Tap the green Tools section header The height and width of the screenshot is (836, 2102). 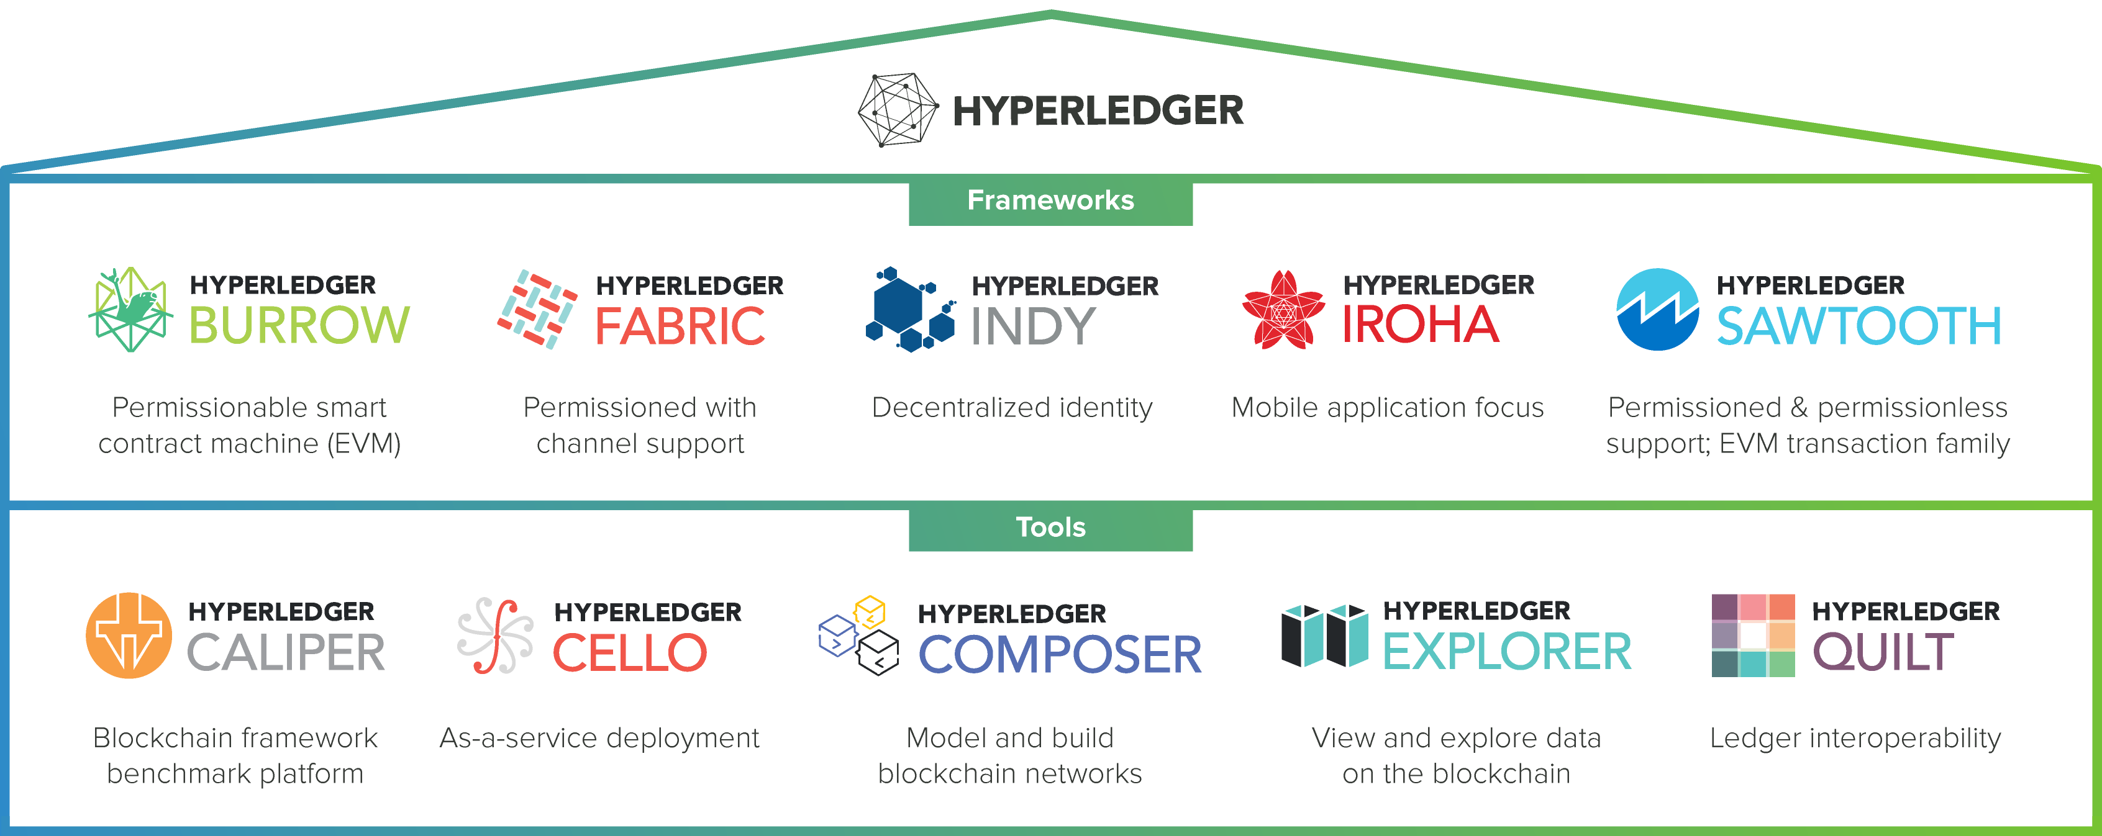coord(1050,528)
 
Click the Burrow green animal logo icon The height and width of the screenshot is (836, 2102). coord(130,310)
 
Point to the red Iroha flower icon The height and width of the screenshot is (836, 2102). coord(1283,310)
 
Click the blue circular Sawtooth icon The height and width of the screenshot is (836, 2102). coord(1657,310)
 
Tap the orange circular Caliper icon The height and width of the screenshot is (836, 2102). coord(129,636)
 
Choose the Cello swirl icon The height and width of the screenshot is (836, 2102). coord(495,636)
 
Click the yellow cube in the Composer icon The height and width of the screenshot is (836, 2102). coord(870,611)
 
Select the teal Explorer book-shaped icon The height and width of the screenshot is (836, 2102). coord(1325,636)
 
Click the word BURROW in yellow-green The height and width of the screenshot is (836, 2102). coord(299,325)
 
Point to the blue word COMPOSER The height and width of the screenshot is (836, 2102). coord(1060,655)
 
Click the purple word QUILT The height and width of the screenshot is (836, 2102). coord(1883,652)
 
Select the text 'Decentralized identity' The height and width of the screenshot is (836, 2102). coord(1012,408)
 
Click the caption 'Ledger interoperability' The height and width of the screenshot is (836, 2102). coord(1855,738)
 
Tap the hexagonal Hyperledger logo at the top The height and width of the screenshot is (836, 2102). coord(898,110)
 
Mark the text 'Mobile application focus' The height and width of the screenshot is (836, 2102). coord(1387,408)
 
